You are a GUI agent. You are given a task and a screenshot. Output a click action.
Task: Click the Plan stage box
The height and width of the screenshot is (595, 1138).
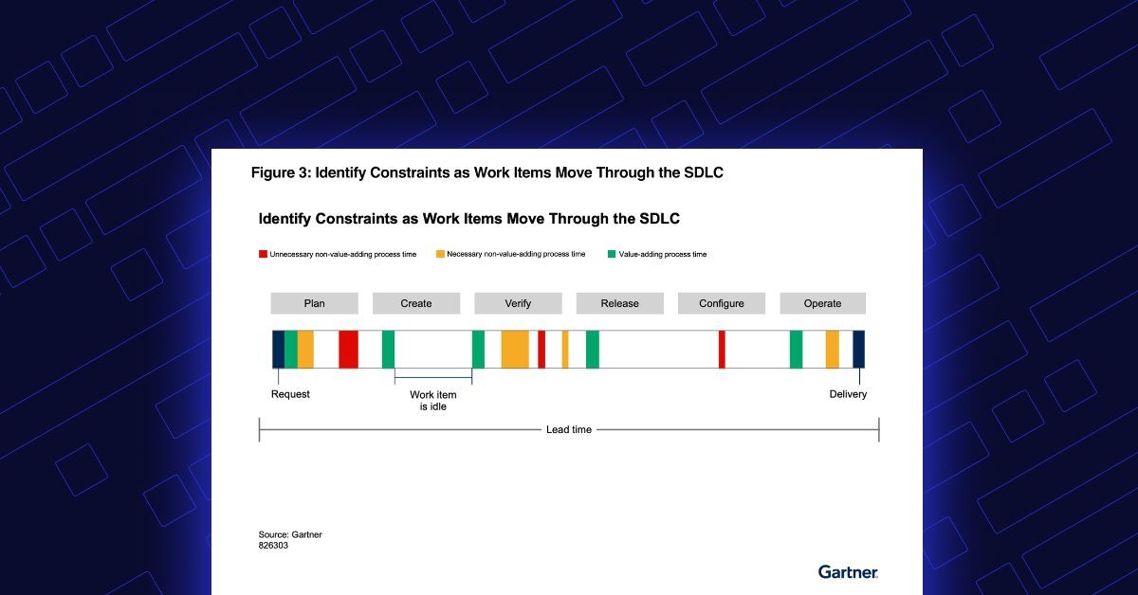click(x=315, y=303)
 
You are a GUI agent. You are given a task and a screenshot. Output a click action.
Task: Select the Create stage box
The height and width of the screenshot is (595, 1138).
click(x=416, y=303)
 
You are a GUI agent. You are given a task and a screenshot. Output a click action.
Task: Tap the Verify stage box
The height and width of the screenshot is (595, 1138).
click(x=518, y=303)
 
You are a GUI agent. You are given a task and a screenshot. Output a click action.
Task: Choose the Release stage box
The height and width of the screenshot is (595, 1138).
click(x=620, y=303)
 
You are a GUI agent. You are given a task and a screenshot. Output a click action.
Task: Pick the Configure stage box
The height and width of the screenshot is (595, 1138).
click(x=722, y=303)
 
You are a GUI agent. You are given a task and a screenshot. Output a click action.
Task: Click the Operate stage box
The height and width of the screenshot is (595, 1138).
click(x=823, y=303)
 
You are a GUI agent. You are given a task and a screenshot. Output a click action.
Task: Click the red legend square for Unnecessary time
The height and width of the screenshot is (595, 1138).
click(x=264, y=254)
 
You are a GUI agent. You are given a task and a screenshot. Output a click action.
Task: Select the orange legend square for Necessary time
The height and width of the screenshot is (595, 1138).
click(x=440, y=254)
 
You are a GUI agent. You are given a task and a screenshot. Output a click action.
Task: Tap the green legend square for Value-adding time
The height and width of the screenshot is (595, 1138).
click(x=612, y=254)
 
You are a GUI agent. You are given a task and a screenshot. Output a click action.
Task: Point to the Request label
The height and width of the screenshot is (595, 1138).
click(x=290, y=394)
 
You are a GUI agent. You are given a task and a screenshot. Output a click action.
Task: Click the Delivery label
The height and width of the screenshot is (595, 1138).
click(x=848, y=394)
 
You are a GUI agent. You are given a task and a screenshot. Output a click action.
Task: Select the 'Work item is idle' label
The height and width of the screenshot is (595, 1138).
click(x=433, y=401)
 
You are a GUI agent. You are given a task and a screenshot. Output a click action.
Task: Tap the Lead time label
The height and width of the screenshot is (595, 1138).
click(x=569, y=429)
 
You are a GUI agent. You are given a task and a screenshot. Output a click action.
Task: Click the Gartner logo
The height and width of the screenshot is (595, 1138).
click(x=848, y=572)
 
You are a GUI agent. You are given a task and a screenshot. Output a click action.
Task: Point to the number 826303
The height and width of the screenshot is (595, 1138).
click(x=273, y=545)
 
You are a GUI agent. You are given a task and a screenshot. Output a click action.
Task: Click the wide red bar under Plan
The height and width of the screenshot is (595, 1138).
click(x=349, y=350)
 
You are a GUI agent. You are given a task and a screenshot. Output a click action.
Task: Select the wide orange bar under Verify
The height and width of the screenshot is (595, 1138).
click(x=515, y=350)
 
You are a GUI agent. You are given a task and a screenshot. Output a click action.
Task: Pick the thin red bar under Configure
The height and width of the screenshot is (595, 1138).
click(x=722, y=350)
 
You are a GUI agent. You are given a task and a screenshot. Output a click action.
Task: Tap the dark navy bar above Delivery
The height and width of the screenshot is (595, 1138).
click(x=858, y=350)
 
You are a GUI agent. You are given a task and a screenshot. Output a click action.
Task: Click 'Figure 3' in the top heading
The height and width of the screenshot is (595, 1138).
click(x=281, y=172)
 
